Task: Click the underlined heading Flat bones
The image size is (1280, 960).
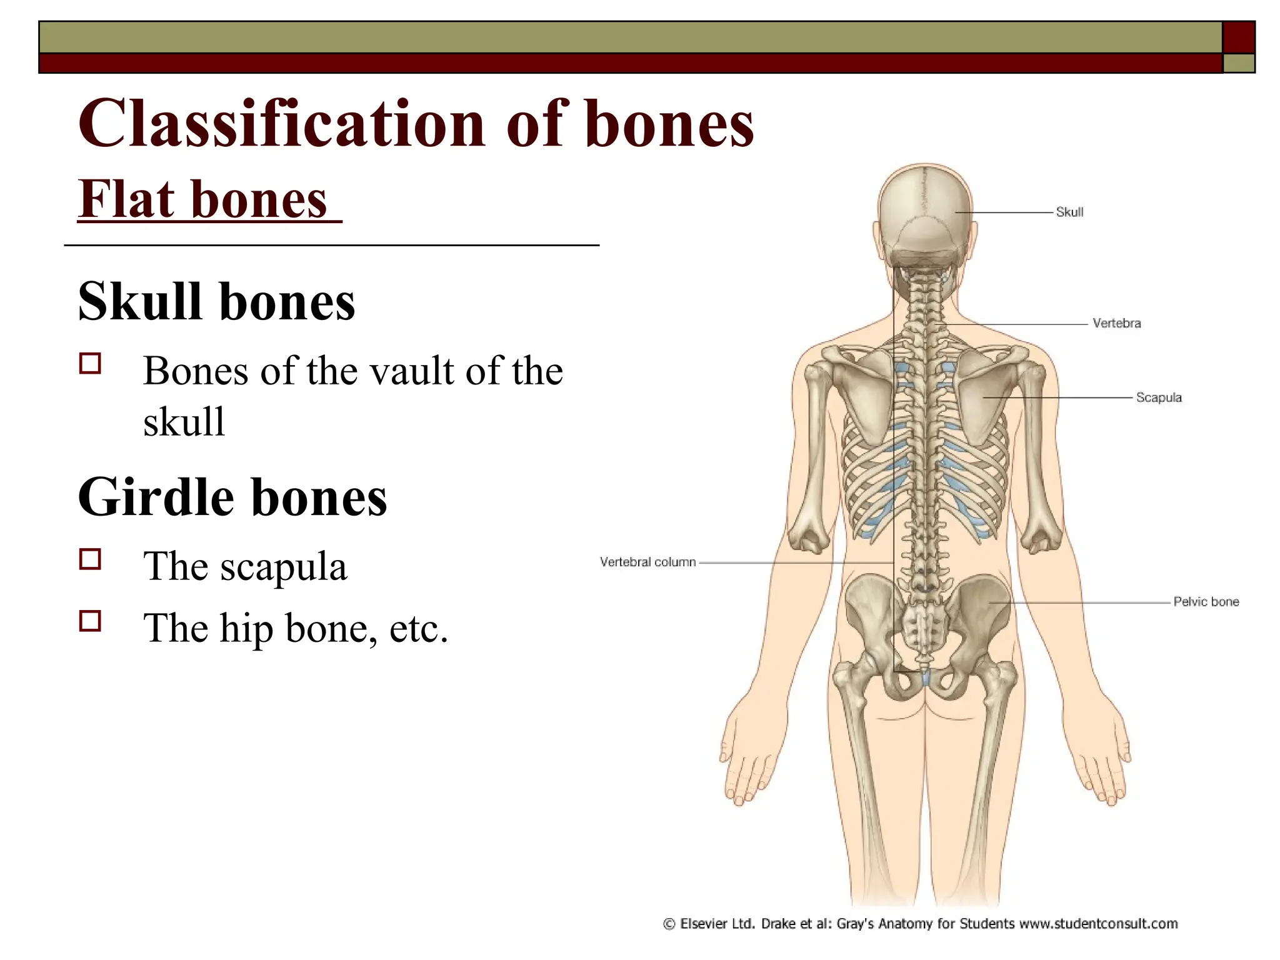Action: tap(203, 199)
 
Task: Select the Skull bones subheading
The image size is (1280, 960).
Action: tap(216, 301)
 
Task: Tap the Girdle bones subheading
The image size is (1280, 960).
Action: tap(232, 497)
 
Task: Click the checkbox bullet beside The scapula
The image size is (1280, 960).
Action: tap(91, 559)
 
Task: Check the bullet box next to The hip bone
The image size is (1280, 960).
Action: tap(91, 621)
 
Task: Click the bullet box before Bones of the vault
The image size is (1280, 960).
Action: tap(91, 363)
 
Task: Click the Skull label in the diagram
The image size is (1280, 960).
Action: tap(1069, 212)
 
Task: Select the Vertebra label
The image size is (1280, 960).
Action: tap(1116, 323)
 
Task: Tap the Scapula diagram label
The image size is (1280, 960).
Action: tap(1158, 397)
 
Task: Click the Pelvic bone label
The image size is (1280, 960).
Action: tap(1206, 602)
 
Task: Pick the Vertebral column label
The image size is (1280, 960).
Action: tap(647, 562)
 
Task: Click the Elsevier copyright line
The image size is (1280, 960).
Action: tap(920, 924)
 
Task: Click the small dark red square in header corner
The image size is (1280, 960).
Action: tap(1238, 37)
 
